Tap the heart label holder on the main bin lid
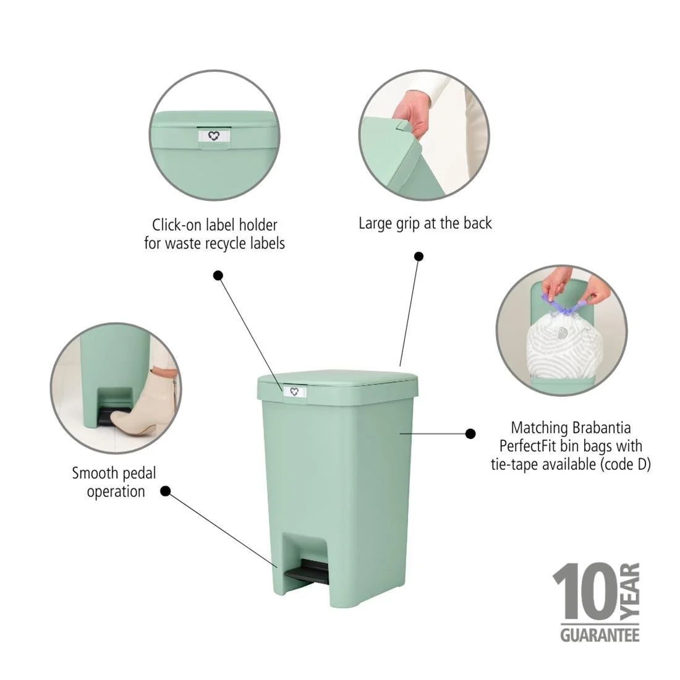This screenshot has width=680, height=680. pyautogui.click(x=294, y=391)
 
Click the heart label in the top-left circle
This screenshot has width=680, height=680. pyautogui.click(x=214, y=136)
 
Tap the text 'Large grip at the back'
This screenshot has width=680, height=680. pyautogui.click(x=425, y=223)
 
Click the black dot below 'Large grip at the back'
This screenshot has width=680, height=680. pyautogui.click(x=419, y=256)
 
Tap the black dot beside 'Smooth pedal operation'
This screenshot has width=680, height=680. pyautogui.click(x=166, y=491)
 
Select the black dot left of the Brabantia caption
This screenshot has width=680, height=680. pyautogui.click(x=470, y=434)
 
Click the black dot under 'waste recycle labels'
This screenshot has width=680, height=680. pyautogui.click(x=218, y=275)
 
